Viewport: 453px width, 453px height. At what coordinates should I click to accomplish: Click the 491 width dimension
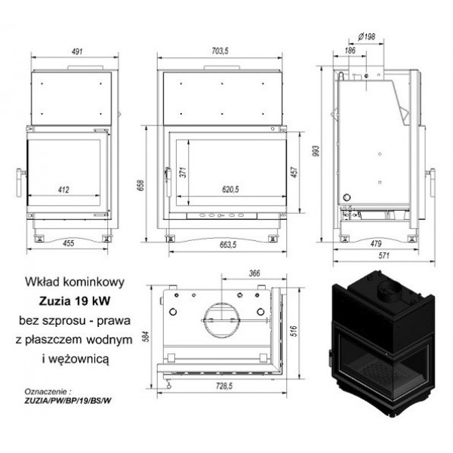77,51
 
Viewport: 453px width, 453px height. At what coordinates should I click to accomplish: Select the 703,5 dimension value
220,51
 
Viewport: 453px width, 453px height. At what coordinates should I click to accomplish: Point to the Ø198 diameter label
366,37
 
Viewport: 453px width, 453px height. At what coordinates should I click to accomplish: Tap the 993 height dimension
316,151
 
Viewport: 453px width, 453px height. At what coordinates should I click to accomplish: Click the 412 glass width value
63,190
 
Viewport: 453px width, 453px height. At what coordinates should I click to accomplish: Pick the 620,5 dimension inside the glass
230,190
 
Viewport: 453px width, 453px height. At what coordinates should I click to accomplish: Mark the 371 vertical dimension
183,172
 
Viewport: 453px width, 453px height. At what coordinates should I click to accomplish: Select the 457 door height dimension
294,172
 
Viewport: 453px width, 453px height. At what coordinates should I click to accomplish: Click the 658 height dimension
140,185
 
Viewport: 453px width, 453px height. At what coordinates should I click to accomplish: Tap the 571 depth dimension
384,256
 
